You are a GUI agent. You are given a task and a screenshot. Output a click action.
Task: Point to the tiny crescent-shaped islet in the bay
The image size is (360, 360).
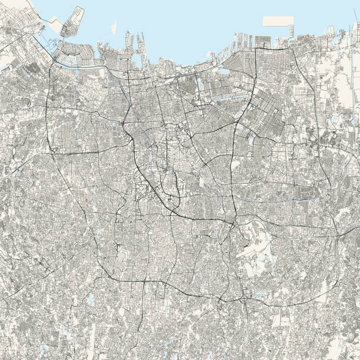pos(114,27)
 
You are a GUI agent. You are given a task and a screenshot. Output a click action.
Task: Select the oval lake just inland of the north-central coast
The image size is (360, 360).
pos(224,72)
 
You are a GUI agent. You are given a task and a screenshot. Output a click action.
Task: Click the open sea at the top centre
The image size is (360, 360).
pos(176,18)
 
